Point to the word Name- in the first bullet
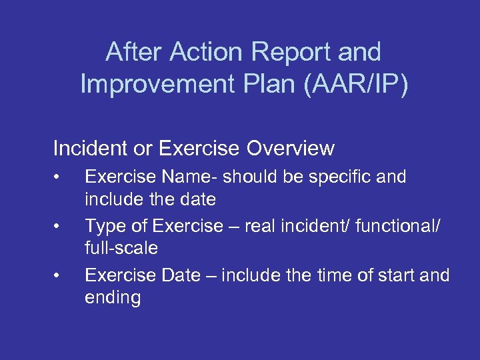point(189,177)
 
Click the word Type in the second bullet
point(106,226)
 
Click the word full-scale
point(121,249)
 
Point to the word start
point(399,275)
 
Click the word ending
point(113,298)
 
